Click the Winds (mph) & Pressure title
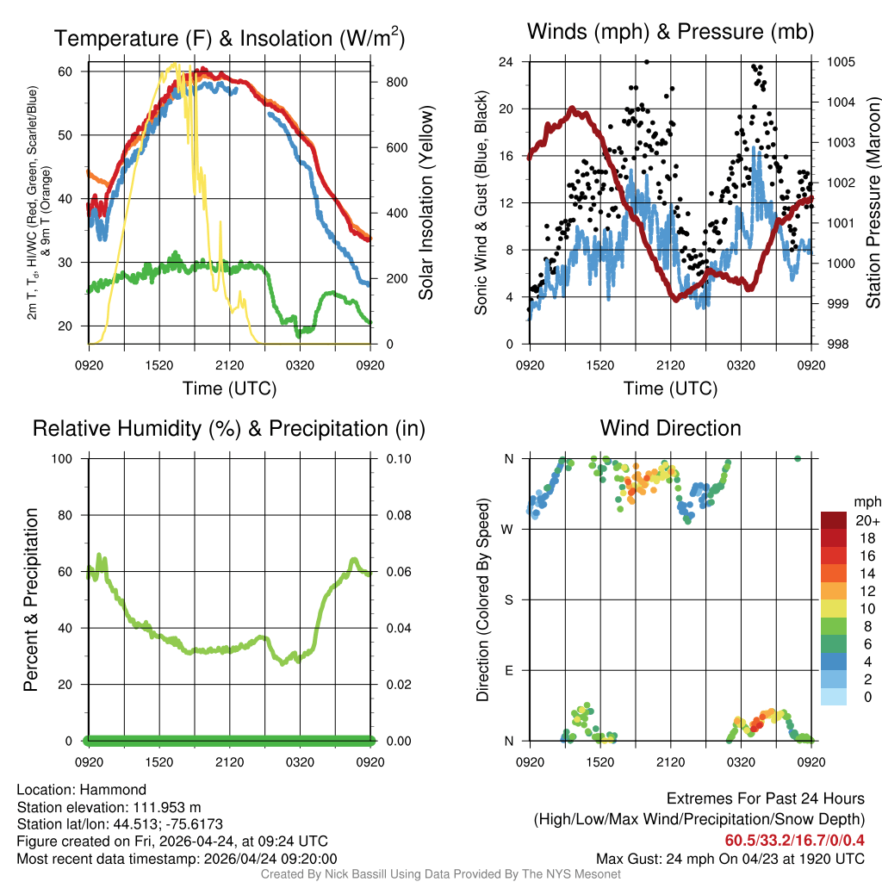[671, 32]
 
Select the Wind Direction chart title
[671, 428]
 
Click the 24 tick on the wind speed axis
[506, 62]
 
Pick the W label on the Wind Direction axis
[508, 529]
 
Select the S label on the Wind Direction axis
[508, 599]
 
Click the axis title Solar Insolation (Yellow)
[426, 203]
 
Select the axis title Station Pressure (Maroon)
[873, 203]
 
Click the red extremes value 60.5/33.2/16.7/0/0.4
[794, 840]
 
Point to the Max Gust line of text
[730, 859]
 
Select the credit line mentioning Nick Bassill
[440, 874]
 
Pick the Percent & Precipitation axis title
[31, 599]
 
